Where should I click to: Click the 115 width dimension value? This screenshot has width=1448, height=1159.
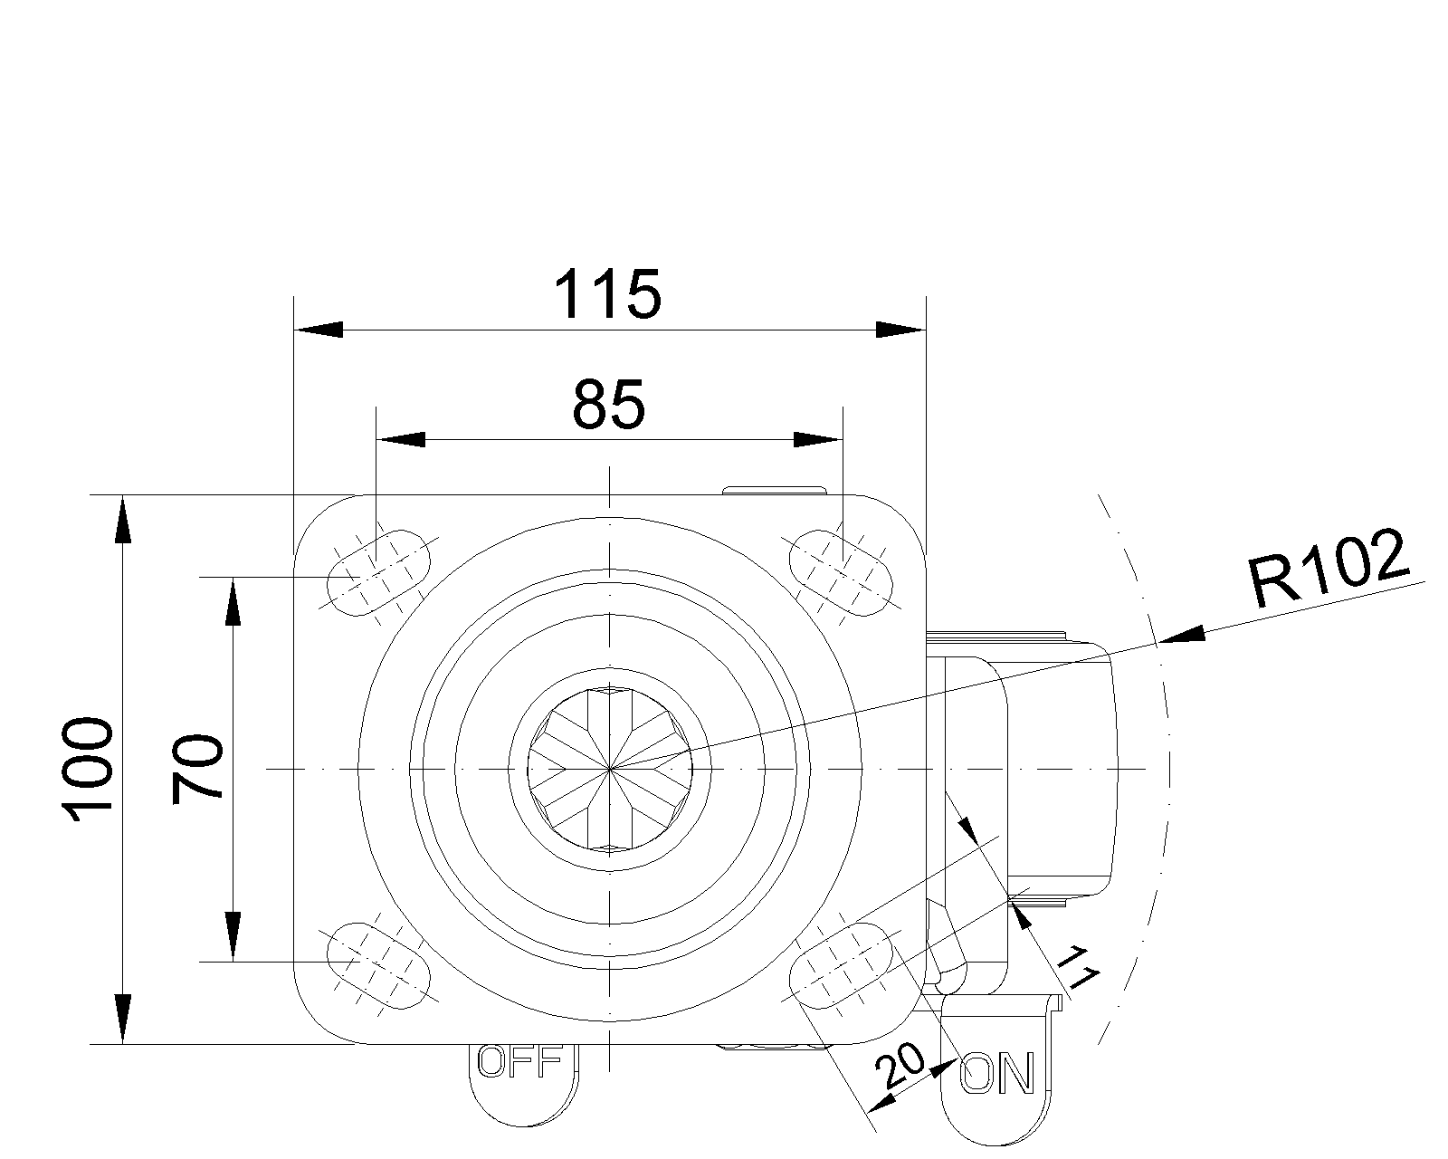click(x=608, y=294)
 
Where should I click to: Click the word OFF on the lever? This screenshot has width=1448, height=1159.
click(x=519, y=1062)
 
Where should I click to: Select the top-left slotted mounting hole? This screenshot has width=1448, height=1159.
click(x=378, y=572)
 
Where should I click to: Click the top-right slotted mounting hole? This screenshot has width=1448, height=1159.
click(x=841, y=572)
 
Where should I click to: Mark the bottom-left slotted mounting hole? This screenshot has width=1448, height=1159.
click(x=378, y=966)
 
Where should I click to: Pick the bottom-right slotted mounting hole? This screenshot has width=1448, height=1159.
click(x=841, y=966)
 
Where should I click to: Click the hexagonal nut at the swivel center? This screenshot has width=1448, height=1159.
click(x=610, y=769)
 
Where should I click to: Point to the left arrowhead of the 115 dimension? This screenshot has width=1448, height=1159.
click(x=319, y=330)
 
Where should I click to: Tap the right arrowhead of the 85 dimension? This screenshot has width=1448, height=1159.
click(x=818, y=440)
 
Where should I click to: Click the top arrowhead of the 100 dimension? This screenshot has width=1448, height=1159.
click(x=122, y=519)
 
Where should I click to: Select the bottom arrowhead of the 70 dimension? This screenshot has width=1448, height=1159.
click(x=233, y=937)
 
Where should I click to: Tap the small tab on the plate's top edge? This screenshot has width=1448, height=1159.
click(x=774, y=490)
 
